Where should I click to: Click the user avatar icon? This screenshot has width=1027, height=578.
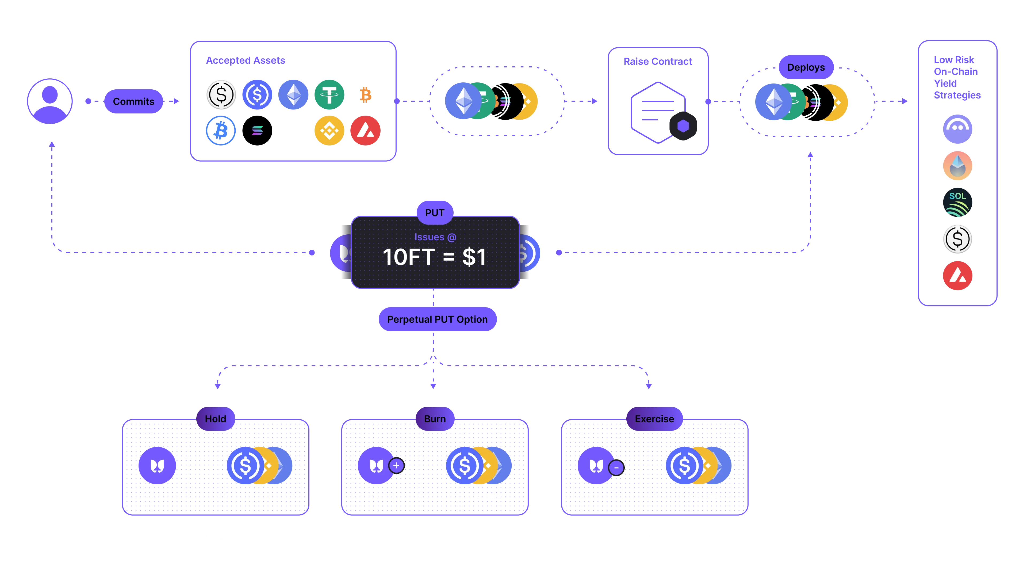pyautogui.click(x=49, y=101)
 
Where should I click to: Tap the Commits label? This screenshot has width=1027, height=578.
pyautogui.click(x=133, y=101)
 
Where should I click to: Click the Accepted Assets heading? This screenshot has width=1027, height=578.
pyautogui.click(x=246, y=60)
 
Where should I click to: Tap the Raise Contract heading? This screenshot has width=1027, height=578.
pyautogui.click(x=658, y=62)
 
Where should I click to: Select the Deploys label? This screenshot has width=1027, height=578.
pyautogui.click(x=806, y=67)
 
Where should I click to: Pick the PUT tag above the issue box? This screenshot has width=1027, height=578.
pyautogui.click(x=435, y=213)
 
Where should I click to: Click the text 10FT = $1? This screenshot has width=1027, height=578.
pyautogui.click(x=435, y=257)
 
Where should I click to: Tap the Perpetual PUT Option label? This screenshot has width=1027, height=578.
pyautogui.click(x=437, y=319)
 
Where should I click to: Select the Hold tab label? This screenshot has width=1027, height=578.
pyautogui.click(x=215, y=419)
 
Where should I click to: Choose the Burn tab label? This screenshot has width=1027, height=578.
pyautogui.click(x=435, y=419)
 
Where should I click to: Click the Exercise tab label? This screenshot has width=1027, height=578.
pyautogui.click(x=654, y=419)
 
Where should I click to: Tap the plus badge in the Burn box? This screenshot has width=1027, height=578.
pyautogui.click(x=396, y=466)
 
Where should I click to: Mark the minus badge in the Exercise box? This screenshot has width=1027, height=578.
pyautogui.click(x=616, y=467)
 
